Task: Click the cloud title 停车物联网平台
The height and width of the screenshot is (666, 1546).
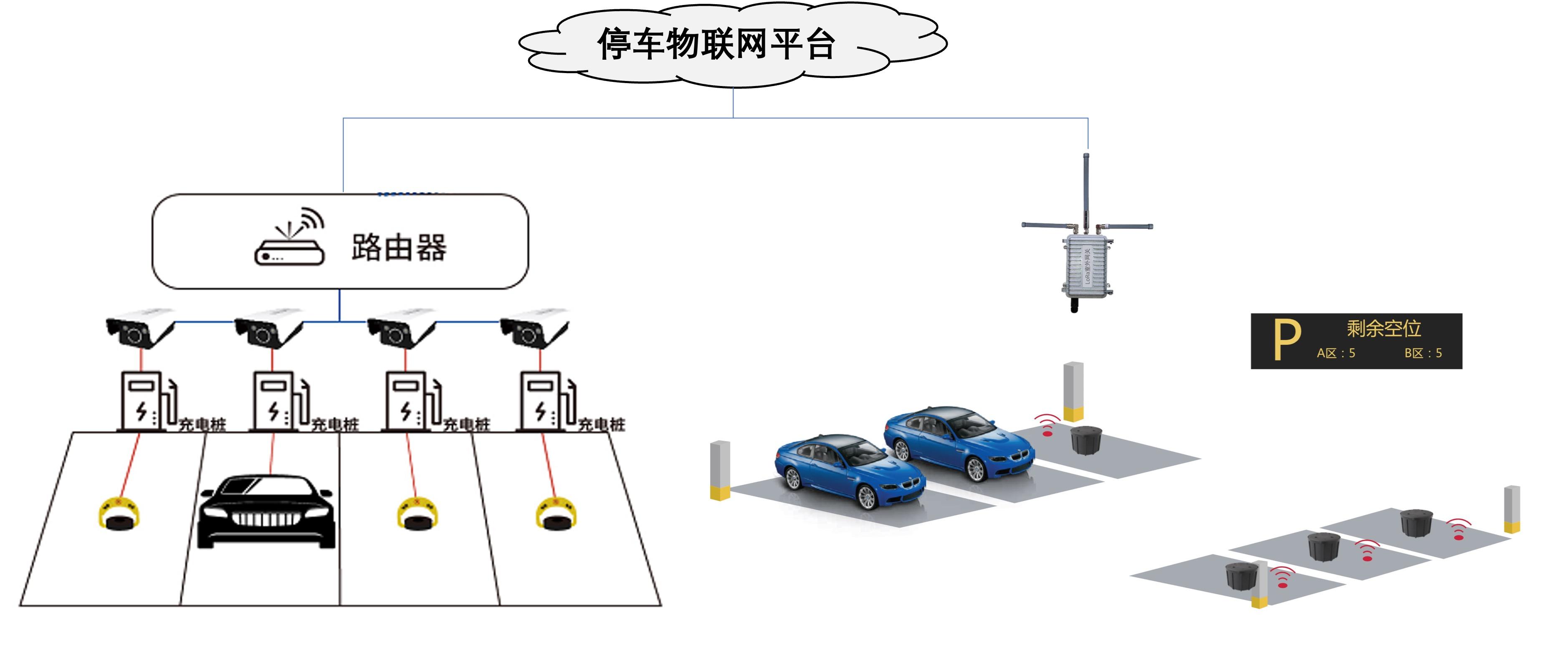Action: coord(716,44)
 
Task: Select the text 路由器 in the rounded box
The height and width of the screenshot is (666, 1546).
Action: coord(399,247)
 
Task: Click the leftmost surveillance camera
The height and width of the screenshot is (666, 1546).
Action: coord(139,329)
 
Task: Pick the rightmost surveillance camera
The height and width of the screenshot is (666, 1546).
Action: coord(534,329)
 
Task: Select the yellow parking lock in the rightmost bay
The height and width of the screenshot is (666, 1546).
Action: coord(556,514)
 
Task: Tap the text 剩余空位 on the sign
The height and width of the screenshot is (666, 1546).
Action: coord(1383,328)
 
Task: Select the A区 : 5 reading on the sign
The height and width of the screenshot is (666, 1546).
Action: coord(1336,353)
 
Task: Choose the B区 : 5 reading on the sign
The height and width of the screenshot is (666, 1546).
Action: coord(1423,353)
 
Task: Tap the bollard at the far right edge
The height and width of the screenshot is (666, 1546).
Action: coord(1512,509)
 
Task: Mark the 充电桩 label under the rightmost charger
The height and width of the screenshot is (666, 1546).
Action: coord(602,425)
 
